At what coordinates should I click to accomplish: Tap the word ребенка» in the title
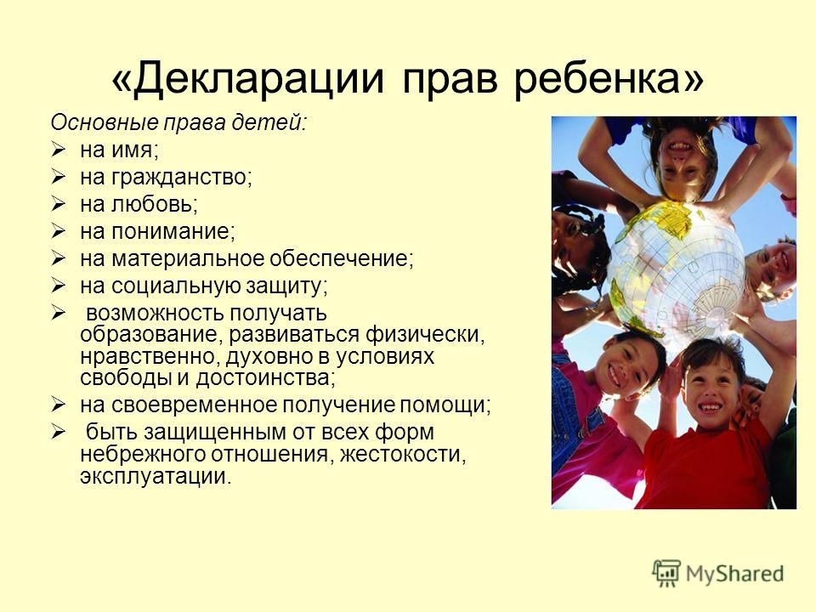(609, 80)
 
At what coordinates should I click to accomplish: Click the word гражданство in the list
(179, 178)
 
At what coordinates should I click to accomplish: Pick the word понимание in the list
(171, 231)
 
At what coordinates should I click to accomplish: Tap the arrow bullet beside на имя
(59, 150)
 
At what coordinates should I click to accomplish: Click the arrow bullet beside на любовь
(59, 204)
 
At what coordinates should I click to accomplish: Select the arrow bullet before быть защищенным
(59, 432)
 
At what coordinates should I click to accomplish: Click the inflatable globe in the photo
(677, 270)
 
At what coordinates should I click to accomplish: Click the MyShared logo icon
(666, 574)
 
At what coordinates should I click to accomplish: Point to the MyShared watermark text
(734, 574)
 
